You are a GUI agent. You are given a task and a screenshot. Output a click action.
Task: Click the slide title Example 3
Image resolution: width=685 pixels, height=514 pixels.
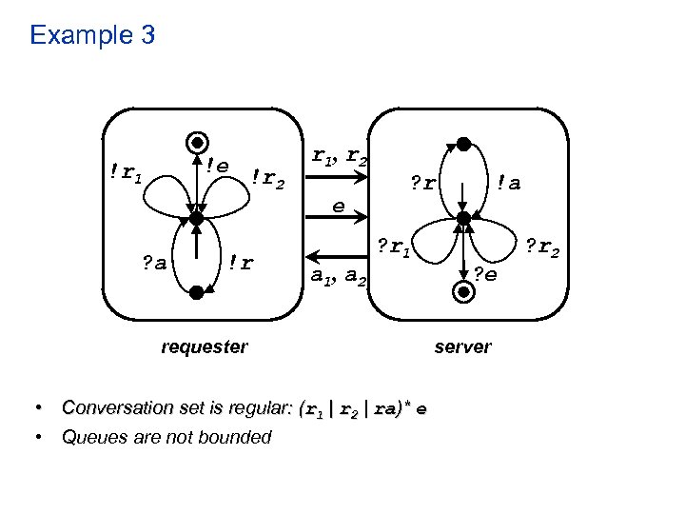(92, 36)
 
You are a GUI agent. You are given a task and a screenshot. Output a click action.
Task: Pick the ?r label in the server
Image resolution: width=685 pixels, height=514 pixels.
(423, 182)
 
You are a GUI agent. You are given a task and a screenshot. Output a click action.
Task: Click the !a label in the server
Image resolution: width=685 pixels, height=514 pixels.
(509, 182)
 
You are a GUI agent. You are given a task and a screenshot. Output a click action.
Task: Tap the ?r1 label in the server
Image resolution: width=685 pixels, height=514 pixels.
(392, 250)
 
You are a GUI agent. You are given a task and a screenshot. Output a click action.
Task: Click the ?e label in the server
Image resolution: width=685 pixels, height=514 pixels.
(486, 275)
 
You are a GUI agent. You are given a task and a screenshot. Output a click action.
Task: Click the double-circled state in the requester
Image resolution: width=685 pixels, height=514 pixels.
(196, 143)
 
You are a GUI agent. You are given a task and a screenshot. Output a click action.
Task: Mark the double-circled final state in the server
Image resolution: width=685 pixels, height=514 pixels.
(463, 293)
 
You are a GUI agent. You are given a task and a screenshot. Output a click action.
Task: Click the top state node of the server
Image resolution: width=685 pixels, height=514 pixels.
(462, 145)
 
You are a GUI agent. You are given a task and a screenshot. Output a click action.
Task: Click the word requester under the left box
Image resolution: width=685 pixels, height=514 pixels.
(204, 347)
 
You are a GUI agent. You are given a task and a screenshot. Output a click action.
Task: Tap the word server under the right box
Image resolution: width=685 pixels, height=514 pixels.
(462, 347)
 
